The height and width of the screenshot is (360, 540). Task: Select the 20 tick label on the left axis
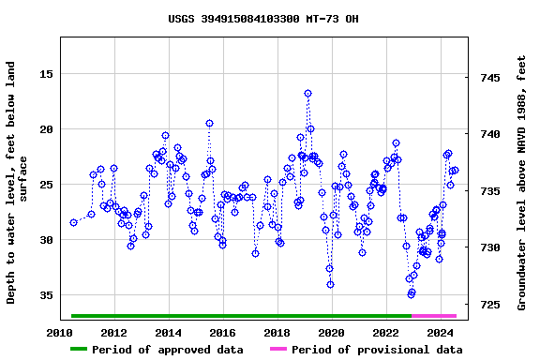pos(44,129)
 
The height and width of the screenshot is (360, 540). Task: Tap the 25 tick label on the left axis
pos(44,185)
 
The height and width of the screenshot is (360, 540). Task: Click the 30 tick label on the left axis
pos(44,240)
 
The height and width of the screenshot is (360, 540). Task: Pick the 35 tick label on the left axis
pos(44,295)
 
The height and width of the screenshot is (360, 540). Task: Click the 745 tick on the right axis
pos(492,78)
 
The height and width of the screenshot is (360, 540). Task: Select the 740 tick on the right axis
pos(492,135)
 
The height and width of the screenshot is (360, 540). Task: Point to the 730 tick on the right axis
pos(492,248)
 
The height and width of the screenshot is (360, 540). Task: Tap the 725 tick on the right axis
pos(492,305)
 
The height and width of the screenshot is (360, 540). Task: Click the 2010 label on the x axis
pos(60,333)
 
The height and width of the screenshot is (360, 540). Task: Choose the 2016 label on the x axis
pos(222,333)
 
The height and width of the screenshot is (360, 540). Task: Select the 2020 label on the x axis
pos(331,333)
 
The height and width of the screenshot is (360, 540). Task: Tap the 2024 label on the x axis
pos(440,333)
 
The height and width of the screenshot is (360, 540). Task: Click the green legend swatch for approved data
pos(91,350)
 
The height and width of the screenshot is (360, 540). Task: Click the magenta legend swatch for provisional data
pos(278,350)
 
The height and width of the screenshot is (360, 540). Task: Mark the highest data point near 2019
pos(307,94)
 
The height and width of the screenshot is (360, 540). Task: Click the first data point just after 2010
pos(73,222)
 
